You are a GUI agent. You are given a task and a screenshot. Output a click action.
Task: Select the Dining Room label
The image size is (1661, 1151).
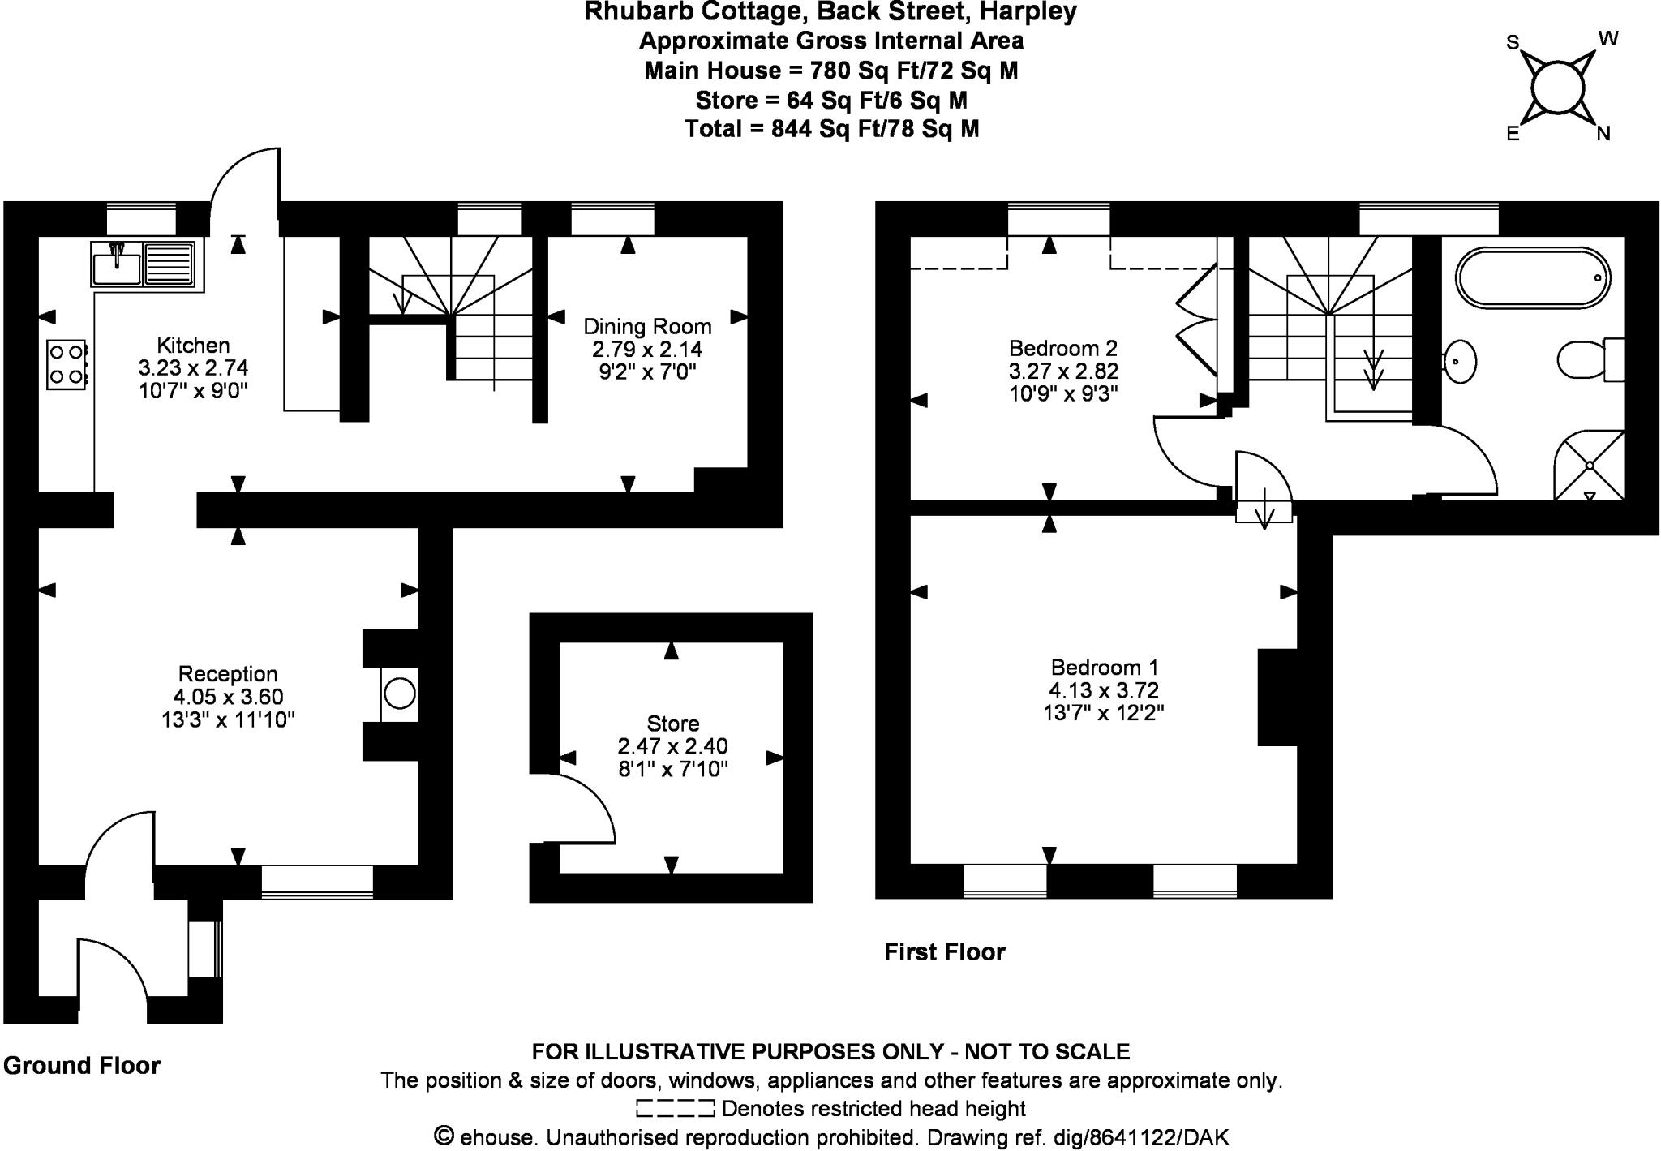647,327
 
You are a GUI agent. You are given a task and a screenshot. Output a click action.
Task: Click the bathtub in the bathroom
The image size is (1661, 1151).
1533,278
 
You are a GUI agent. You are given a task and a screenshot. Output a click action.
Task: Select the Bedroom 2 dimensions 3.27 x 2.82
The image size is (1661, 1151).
1063,371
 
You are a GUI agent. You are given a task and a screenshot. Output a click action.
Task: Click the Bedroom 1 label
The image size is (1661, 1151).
1105,668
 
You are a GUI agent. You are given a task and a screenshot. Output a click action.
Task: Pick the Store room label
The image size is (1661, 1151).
673,724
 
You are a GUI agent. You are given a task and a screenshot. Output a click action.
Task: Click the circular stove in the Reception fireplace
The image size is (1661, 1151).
400,694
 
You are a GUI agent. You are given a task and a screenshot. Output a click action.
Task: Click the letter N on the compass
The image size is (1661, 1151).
1603,134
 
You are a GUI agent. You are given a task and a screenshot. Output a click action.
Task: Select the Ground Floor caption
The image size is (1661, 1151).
82,1066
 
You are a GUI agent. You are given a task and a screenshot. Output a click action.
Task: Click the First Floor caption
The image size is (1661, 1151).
945,952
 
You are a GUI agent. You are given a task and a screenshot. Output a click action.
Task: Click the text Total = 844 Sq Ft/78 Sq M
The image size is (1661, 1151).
832,129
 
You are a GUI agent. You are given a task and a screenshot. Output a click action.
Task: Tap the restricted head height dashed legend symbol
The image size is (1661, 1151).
675,1108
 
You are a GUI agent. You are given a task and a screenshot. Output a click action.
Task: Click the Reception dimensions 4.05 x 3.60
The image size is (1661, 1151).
228,697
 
